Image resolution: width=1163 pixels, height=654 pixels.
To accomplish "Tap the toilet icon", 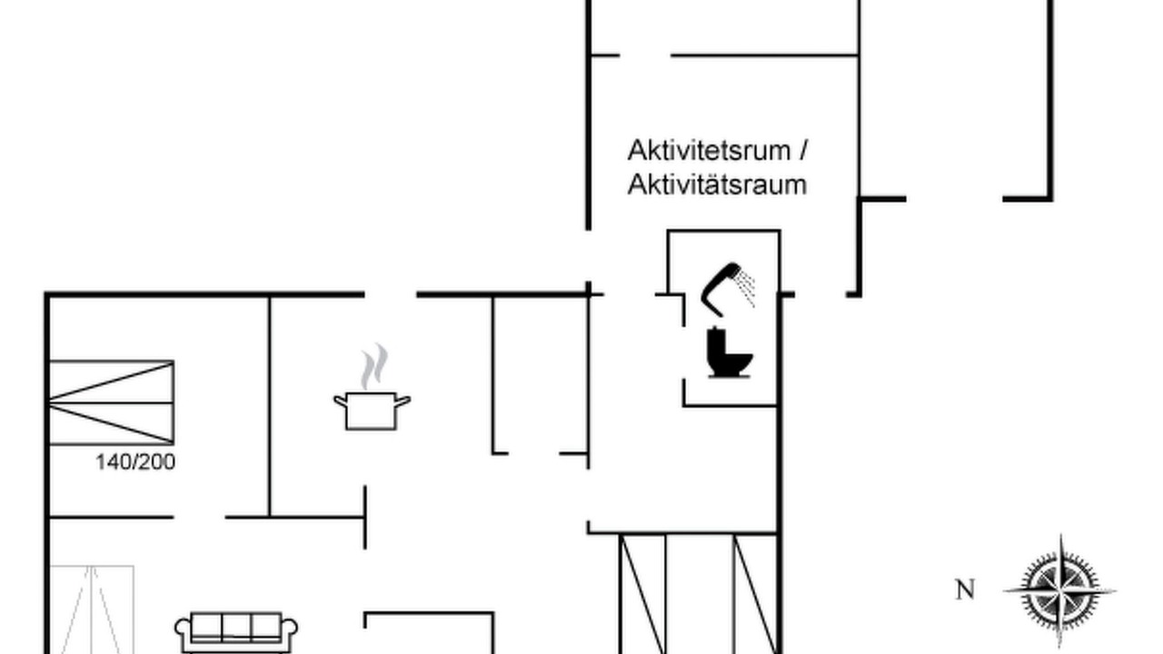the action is [x=730, y=353].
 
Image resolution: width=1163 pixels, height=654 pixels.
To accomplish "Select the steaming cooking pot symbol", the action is [x=372, y=387].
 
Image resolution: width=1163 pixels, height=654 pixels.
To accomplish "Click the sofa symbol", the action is [x=236, y=633].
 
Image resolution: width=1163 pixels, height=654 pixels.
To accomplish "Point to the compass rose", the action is [x=1060, y=591].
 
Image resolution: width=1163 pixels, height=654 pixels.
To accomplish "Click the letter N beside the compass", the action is [x=965, y=590].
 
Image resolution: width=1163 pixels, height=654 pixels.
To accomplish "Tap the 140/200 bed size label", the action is [x=135, y=462].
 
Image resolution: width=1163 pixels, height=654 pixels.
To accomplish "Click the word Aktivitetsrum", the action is [x=710, y=151].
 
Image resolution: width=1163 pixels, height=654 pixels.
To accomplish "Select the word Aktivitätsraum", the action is [x=717, y=185].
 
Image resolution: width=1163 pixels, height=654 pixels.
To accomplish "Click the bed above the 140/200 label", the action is [x=112, y=402].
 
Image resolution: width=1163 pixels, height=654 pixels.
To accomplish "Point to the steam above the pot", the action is [x=374, y=366].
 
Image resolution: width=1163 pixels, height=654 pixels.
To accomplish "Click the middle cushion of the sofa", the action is [x=237, y=627].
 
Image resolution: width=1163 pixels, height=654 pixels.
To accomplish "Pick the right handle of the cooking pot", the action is [x=403, y=401].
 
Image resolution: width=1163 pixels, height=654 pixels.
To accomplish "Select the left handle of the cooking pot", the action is [x=341, y=401].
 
